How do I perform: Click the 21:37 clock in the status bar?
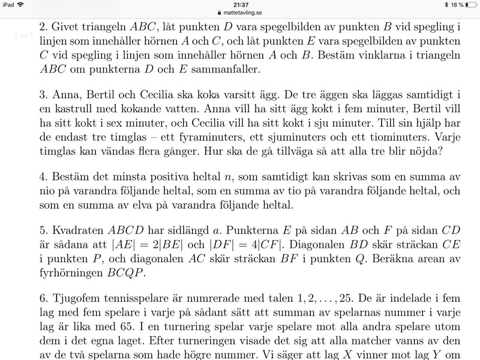[x=240, y=4]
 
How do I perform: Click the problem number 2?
[x=42, y=27]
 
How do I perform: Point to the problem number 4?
[x=42, y=181]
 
